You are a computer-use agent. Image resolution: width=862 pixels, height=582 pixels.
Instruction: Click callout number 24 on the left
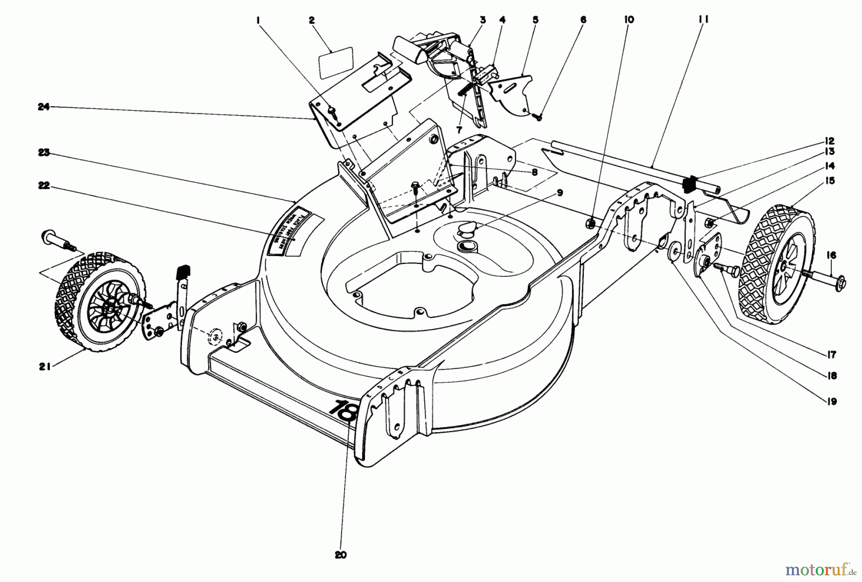44,107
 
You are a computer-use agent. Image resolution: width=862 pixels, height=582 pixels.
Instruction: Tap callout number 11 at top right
703,19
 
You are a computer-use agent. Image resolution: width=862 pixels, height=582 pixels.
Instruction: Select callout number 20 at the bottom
340,555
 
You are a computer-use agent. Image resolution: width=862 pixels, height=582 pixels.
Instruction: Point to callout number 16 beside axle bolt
831,256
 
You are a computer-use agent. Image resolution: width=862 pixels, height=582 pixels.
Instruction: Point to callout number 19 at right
831,401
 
